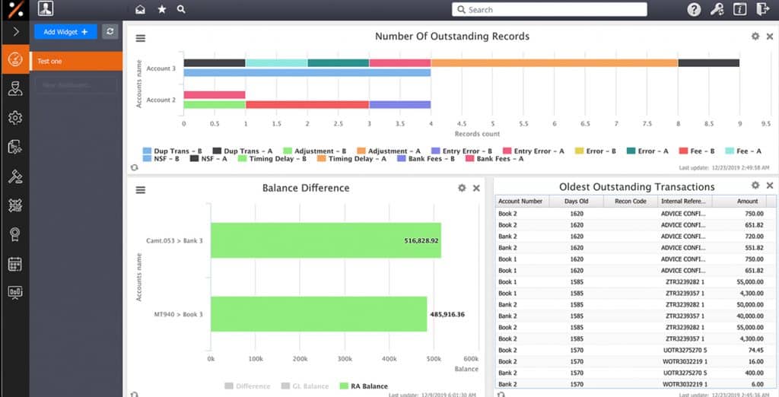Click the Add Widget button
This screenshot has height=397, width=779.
coord(65,32)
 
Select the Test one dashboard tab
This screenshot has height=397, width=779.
coord(75,61)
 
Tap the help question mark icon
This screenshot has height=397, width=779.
coord(694,10)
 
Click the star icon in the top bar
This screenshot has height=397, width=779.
coord(161,10)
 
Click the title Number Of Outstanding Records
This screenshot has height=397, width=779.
coord(452,36)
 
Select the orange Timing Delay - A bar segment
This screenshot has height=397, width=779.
coord(554,63)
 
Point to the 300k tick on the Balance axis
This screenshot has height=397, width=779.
coord(345,358)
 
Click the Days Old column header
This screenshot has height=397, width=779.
coord(577,202)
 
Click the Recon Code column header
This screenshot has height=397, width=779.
coord(631,202)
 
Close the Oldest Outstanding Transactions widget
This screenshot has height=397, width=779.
coord(770,186)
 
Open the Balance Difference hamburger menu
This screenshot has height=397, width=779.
coord(141,190)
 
